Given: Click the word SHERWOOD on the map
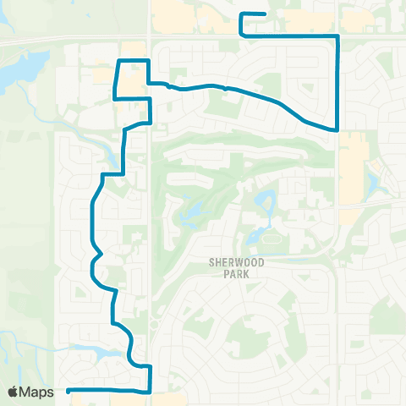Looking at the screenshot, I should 237,263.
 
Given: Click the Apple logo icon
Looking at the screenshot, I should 14,392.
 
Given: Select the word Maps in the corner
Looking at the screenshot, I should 37,392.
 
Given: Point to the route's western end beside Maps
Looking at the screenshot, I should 68,390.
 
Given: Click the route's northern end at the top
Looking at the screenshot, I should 266,14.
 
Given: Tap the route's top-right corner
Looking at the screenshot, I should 338,36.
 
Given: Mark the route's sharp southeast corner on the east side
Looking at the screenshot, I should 338,130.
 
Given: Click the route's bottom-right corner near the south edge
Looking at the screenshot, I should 150,392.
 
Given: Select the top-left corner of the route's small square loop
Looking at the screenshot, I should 117,61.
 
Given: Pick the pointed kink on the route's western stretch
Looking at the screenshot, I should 101,252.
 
